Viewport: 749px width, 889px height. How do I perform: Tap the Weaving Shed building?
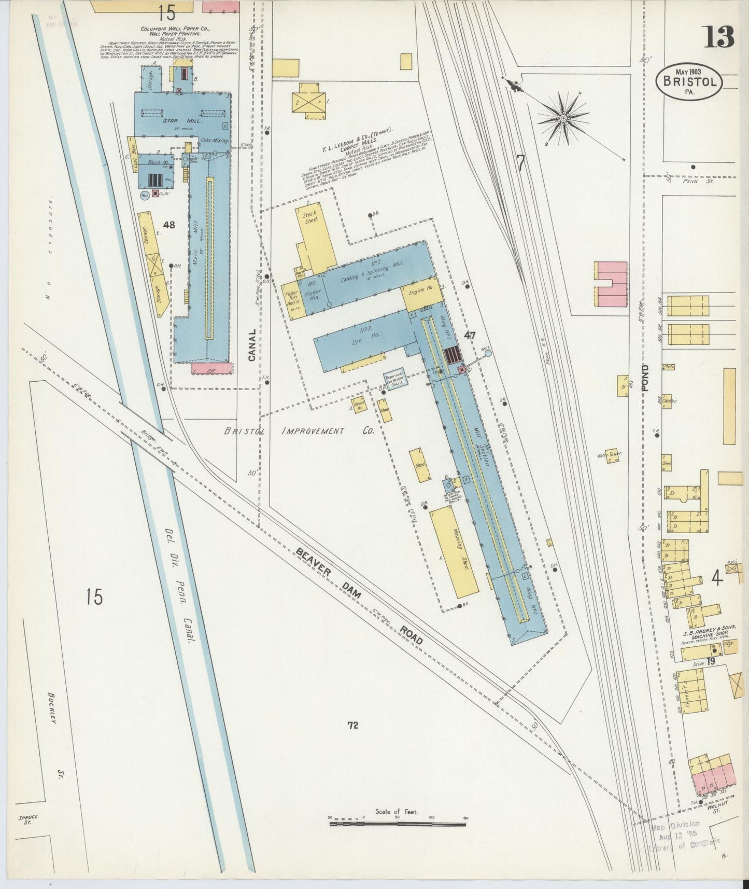(455, 552)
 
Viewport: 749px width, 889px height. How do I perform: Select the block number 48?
(168, 225)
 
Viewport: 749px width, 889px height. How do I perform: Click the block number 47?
(470, 336)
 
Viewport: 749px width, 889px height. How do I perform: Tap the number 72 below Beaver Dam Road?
(353, 726)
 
